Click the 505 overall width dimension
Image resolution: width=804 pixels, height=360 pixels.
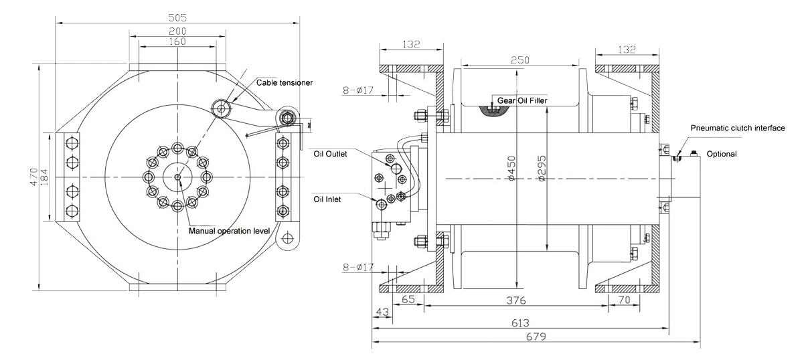(177, 17)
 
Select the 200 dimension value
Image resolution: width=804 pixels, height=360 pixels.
(177, 31)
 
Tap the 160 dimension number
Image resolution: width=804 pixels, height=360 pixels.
(177, 41)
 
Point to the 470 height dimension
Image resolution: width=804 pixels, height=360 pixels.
(33, 177)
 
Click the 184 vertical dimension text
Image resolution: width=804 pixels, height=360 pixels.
(44, 177)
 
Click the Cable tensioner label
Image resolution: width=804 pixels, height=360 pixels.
(285, 83)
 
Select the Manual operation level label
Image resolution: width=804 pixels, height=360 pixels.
(230, 231)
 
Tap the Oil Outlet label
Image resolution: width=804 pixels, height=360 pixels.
(330, 154)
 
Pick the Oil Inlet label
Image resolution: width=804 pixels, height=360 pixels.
(327, 199)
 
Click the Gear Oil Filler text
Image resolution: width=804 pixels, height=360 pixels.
(522, 100)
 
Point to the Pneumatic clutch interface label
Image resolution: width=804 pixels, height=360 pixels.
(738, 128)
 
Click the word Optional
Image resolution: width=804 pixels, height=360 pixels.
(722, 154)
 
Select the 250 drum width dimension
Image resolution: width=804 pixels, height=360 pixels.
(520, 60)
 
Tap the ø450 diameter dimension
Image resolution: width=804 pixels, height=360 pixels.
(512, 168)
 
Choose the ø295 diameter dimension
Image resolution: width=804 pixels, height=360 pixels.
(542, 168)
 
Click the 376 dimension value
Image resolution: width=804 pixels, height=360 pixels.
(516, 300)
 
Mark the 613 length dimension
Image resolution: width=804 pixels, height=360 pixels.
(520, 323)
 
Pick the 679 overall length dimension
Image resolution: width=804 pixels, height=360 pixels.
(536, 337)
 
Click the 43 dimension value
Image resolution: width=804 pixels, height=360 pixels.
(382, 312)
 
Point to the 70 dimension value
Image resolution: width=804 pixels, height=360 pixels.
(625, 300)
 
